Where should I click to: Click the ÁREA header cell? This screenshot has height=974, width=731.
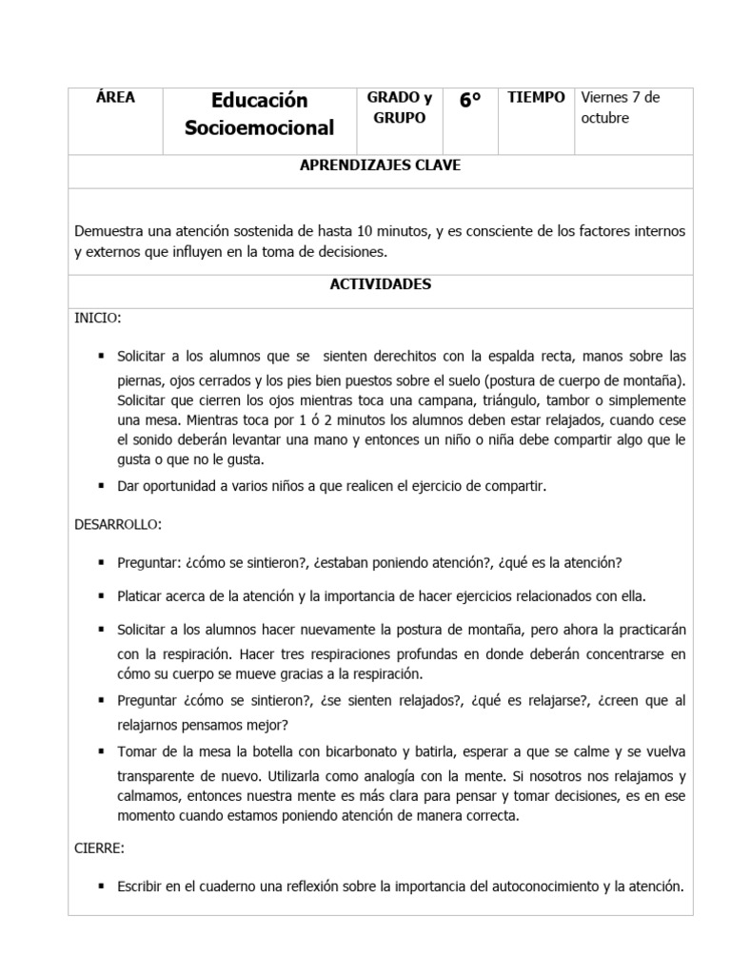coord(115,98)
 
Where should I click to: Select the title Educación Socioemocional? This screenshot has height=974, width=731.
coord(260,114)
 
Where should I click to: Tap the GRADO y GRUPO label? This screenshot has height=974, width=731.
coord(399,107)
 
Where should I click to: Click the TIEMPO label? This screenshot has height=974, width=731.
coord(537,98)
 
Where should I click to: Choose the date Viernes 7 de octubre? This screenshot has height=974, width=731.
coord(620,107)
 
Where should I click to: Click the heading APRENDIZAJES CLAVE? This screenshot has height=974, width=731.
coord(381,166)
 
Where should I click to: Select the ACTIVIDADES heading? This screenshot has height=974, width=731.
coord(381,284)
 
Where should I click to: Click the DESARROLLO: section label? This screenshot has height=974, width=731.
coord(118,524)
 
